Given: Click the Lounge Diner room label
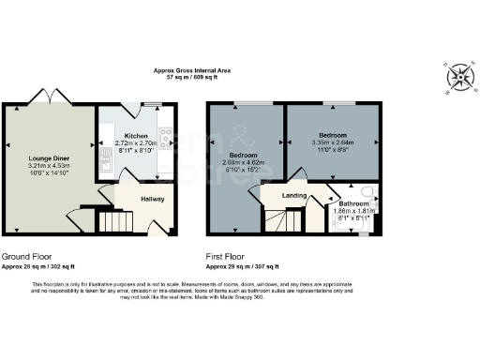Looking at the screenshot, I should [x=48, y=158].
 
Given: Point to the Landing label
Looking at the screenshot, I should [x=283, y=195].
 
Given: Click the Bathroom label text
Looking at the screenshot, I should [x=353, y=203].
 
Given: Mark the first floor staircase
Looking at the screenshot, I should [x=281, y=221].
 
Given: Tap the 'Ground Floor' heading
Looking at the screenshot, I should [x=26, y=255].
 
